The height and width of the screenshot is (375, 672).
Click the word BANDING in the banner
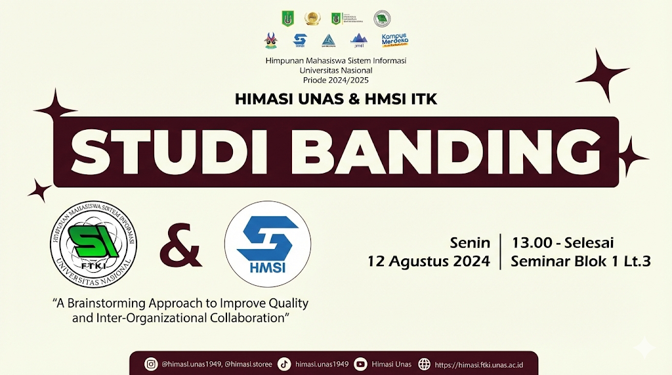(425, 151)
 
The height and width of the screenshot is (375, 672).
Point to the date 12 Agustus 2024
(429, 261)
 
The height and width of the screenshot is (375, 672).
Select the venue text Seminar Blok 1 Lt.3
(580, 261)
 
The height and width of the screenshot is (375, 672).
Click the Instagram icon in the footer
(152, 364)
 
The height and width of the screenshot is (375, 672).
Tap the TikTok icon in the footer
(284, 364)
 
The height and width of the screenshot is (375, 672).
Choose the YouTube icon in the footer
(360, 364)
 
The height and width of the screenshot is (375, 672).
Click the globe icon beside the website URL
(425, 364)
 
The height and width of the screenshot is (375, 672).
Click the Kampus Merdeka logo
(396, 40)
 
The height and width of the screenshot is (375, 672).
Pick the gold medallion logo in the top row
(312, 18)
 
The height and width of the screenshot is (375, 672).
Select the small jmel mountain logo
(358, 41)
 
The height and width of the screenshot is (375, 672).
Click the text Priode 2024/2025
(336, 80)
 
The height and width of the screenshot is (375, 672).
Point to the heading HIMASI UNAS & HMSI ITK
(336, 100)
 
